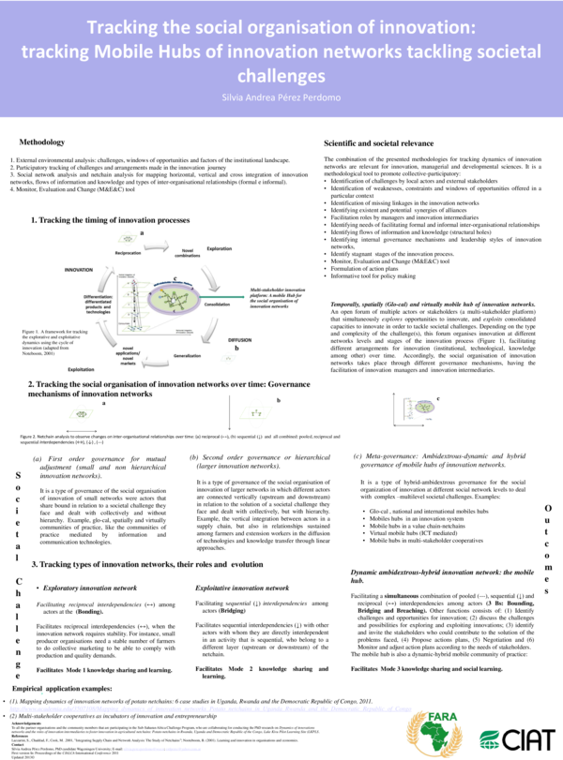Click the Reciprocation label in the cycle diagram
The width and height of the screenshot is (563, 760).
tap(128, 253)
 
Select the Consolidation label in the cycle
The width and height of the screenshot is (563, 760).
tap(217, 305)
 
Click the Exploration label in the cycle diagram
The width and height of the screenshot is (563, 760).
tap(219, 248)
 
